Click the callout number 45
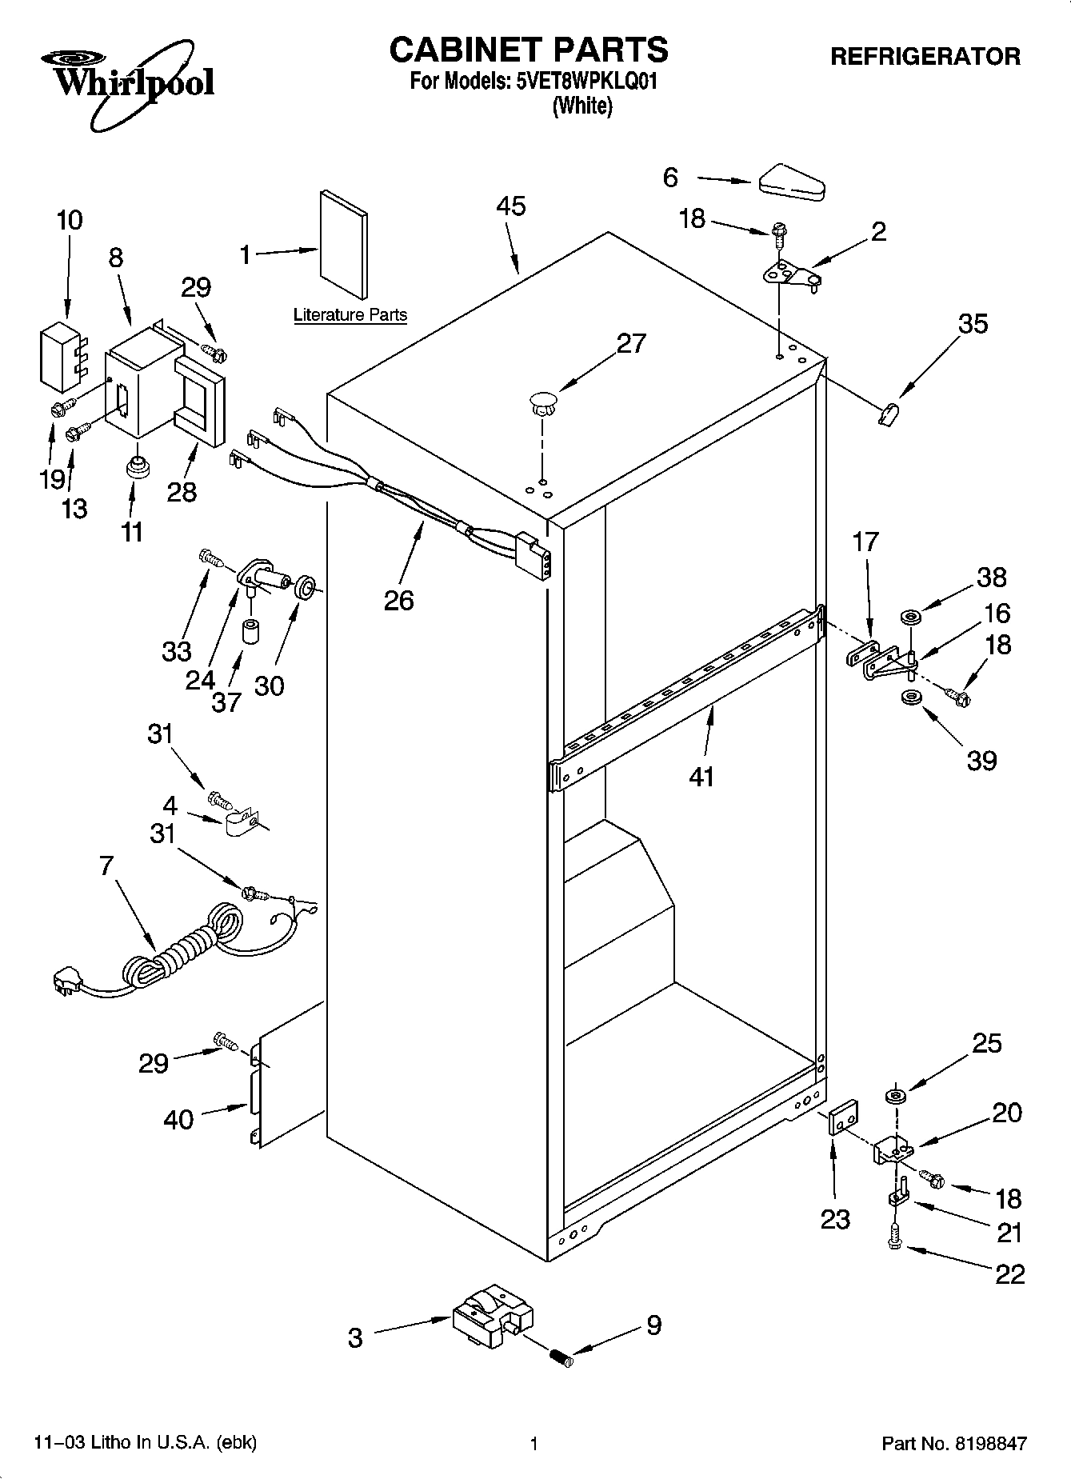(511, 206)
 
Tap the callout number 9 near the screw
(653, 1325)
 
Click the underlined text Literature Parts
(350, 315)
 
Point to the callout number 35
(973, 324)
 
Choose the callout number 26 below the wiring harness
(399, 600)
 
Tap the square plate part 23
(842, 1117)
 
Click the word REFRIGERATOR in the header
(925, 57)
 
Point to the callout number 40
(178, 1119)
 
